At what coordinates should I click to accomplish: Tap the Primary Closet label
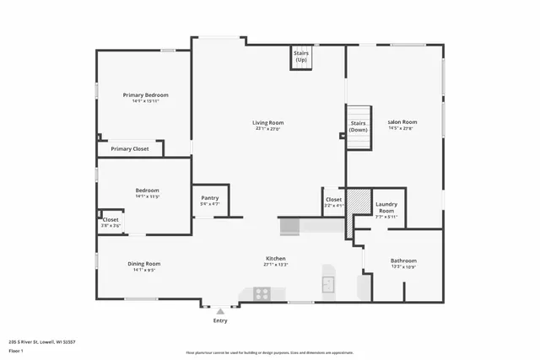(x=129, y=149)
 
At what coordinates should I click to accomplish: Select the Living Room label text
(x=267, y=123)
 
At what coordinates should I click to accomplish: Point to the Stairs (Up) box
(x=301, y=56)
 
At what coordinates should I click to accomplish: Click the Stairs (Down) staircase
(x=359, y=126)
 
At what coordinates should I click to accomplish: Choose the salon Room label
(x=402, y=122)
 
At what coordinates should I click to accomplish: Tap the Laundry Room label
(x=386, y=207)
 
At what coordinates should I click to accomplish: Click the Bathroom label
(x=403, y=261)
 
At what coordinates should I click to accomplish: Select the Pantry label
(x=209, y=198)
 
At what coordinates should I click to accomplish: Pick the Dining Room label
(x=143, y=264)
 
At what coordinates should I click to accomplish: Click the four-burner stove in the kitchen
(x=262, y=294)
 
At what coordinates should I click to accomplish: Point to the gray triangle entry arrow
(x=220, y=311)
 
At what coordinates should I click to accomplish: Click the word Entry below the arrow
(x=220, y=320)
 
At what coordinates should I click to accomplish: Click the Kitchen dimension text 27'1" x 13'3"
(x=276, y=265)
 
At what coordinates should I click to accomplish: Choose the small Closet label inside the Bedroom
(x=111, y=220)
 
